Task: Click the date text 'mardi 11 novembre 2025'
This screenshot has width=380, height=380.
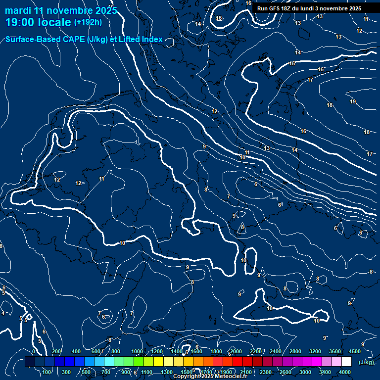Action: point(61,10)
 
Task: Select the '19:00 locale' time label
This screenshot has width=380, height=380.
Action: point(38,22)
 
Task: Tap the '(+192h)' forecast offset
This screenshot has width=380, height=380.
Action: point(88,22)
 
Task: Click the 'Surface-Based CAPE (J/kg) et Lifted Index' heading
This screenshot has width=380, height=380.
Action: point(84,39)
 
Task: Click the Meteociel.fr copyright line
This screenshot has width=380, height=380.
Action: point(210,377)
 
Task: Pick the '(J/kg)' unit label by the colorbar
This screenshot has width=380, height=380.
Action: point(366,362)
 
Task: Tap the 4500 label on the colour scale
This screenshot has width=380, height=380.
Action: point(355,351)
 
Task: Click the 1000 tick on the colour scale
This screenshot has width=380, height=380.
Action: point(137,351)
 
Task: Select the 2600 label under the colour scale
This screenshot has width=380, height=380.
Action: point(285,372)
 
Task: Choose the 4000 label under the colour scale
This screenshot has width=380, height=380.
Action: point(345,372)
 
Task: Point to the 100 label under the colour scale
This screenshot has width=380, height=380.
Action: point(47,372)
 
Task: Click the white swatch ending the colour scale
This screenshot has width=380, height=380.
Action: point(346,362)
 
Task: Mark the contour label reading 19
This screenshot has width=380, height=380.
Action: point(353,101)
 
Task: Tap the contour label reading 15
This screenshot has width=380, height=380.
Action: point(292,63)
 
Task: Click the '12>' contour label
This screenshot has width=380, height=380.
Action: point(79,183)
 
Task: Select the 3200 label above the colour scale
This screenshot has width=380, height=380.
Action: point(315,351)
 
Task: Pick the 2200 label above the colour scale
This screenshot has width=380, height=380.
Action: point(256,351)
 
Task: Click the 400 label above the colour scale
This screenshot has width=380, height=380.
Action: point(76,351)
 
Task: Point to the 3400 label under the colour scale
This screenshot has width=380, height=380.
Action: point(325,372)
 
